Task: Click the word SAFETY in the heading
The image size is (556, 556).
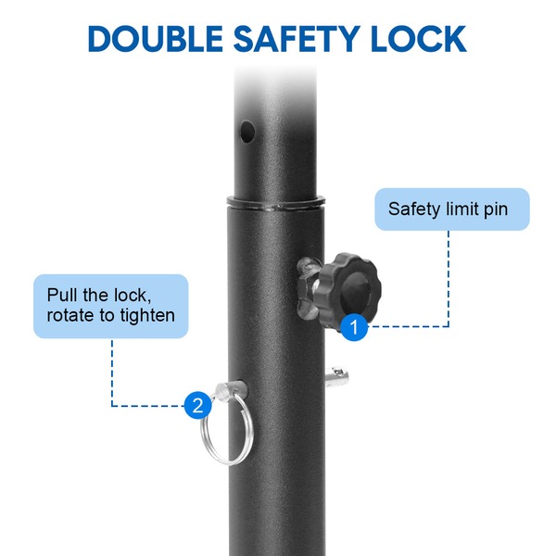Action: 297,39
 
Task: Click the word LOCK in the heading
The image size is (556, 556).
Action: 419,39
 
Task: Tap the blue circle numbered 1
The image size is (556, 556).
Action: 354,327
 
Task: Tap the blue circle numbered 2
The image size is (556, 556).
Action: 197,405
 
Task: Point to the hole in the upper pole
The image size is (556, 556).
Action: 247,132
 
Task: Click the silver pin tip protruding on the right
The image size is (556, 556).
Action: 337,377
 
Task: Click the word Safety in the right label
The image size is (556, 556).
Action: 414,209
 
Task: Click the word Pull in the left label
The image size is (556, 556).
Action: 62,295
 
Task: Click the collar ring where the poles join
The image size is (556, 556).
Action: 276,202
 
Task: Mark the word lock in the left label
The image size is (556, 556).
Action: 132,296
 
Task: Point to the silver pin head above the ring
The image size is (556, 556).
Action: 230,390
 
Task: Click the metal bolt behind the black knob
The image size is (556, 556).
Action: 308,288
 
